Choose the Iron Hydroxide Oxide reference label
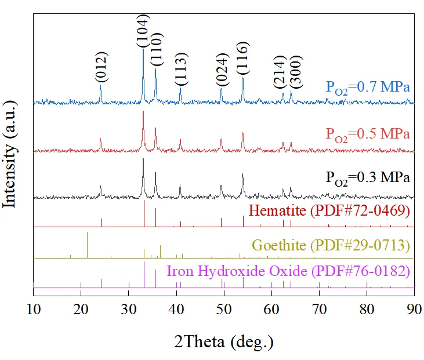click(x=288, y=271)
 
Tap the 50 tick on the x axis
click(x=224, y=308)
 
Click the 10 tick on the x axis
click(x=34, y=308)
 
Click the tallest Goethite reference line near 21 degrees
click(x=87, y=244)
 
